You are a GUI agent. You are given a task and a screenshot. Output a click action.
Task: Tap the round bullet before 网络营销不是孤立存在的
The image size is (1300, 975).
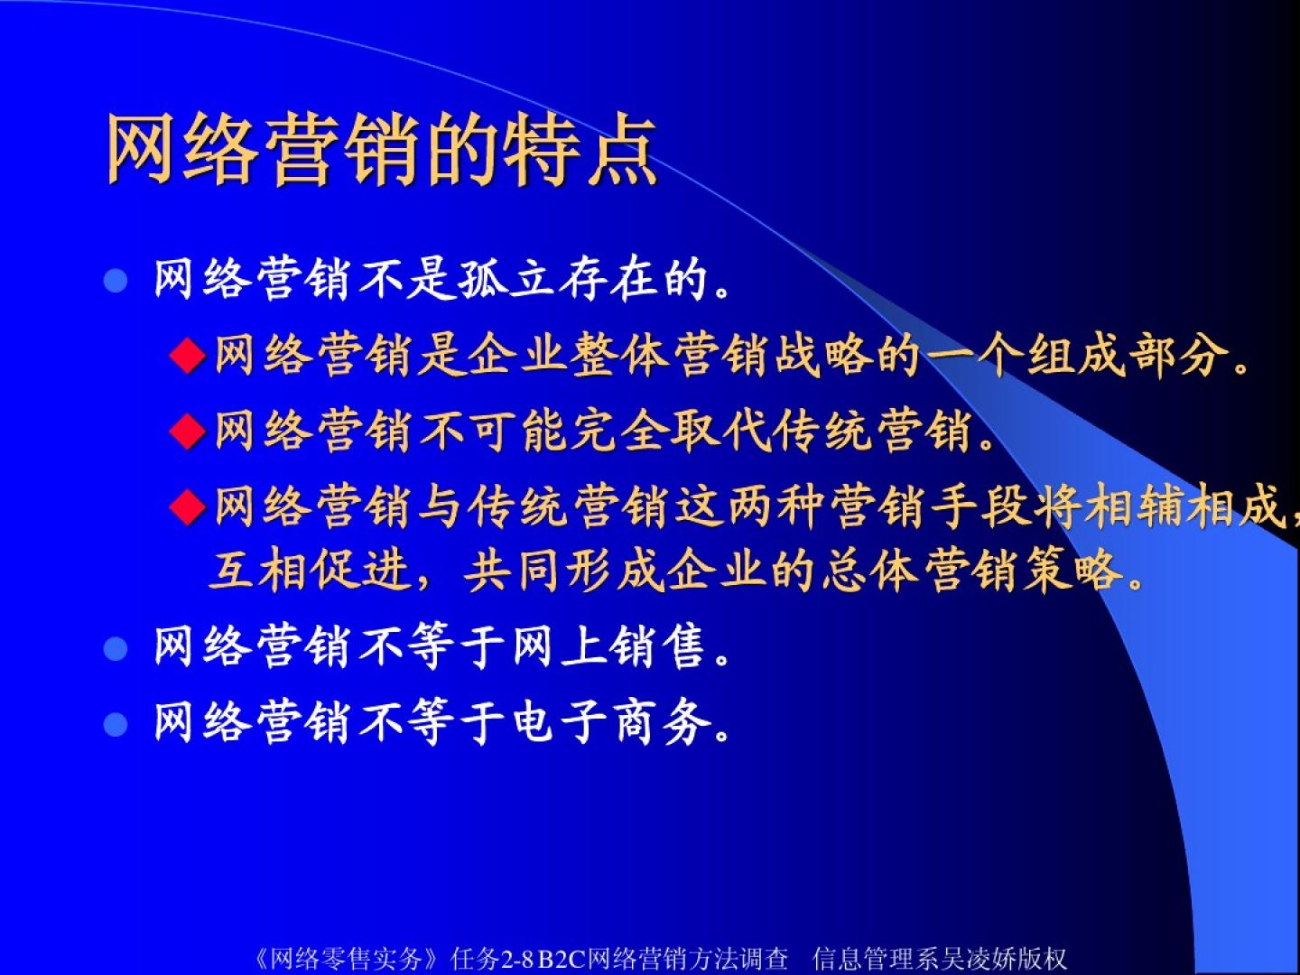tap(116, 281)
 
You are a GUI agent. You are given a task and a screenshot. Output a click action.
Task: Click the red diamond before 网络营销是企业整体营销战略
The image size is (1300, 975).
tap(187, 356)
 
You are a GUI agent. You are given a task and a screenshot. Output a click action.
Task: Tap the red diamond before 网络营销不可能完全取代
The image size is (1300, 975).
tap(187, 431)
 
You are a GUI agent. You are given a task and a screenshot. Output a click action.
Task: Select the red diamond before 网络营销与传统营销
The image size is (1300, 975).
tap(187, 506)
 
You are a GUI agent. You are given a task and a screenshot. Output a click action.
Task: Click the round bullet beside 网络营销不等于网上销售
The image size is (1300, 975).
tap(116, 648)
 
